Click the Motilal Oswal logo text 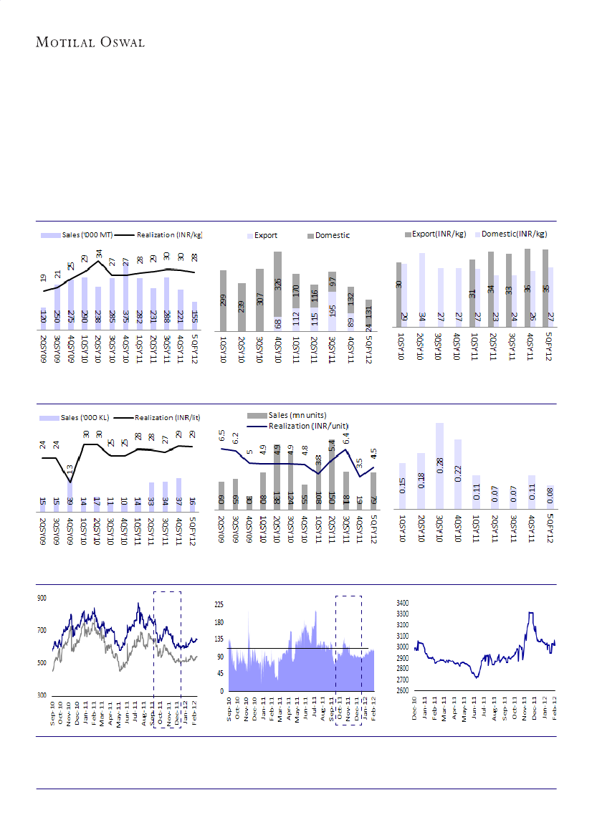coord(91,42)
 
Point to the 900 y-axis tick coord(42,598)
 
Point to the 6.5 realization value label coord(222,436)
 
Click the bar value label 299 coord(224,300)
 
